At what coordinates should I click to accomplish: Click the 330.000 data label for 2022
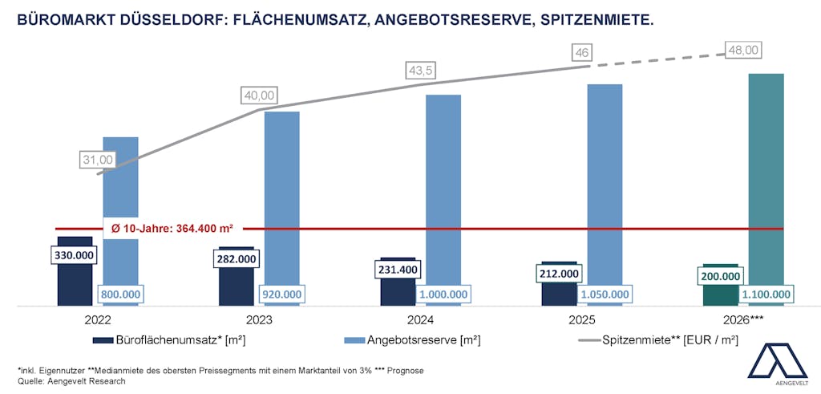coord(75,255)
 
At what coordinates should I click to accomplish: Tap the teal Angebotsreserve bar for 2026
coord(766,177)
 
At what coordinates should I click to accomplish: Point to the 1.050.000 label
coord(605,294)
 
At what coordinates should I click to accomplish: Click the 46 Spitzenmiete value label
coord(582,53)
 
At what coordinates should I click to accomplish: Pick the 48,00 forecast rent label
coord(742,50)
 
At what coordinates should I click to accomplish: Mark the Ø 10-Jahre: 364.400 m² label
coord(172,229)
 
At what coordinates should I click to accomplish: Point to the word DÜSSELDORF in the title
coord(170,17)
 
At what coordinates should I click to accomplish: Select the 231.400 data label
coord(398,270)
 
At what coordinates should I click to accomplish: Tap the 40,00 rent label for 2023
coord(258,95)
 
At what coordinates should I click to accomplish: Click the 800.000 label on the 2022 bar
coord(120,294)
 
